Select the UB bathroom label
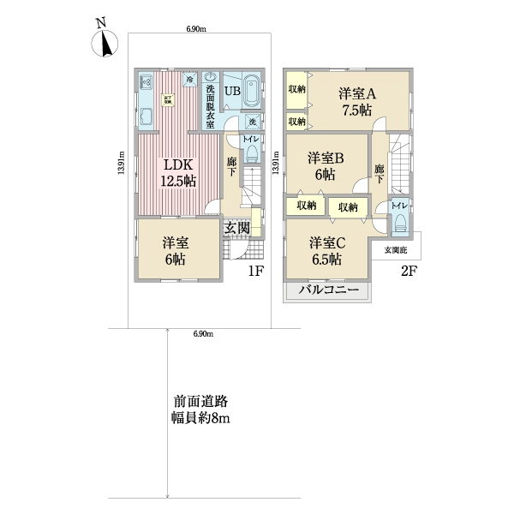pos(232,92)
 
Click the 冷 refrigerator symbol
pos(189,81)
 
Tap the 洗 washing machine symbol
pos(253,122)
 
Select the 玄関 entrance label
pos(237,227)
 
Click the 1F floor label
pos(255,272)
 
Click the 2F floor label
pos(409,272)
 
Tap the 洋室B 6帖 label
pos(326,165)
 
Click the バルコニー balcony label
pos(328,291)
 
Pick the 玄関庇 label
pos(396,249)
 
